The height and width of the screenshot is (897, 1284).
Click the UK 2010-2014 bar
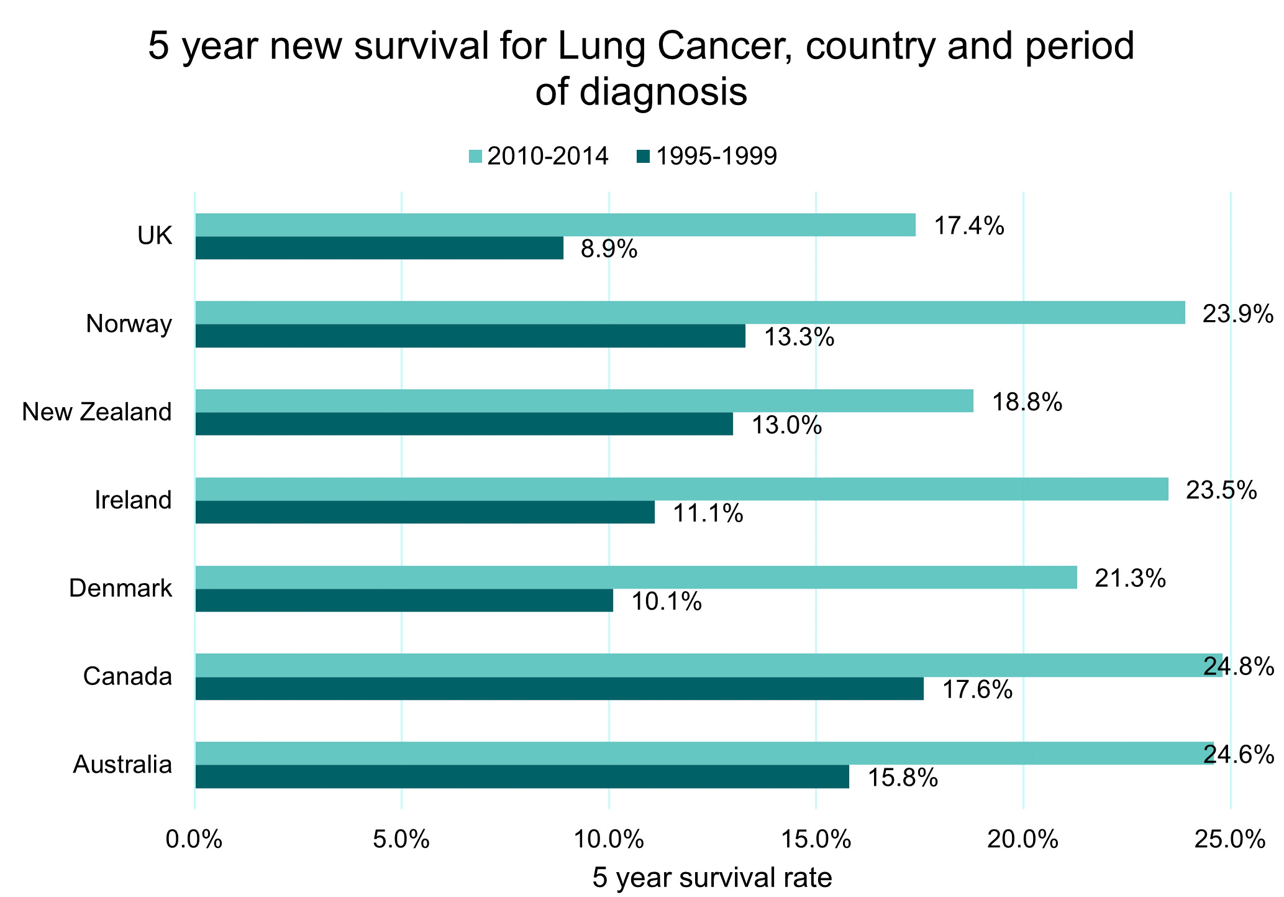555,225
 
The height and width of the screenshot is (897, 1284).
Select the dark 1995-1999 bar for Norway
470,336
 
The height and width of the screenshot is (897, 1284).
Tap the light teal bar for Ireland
681,489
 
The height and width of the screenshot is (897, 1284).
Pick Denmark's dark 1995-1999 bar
404,600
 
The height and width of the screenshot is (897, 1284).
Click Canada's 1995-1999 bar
559,689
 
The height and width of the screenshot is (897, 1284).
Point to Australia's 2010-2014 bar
704,753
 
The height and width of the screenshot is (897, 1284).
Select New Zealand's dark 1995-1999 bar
464,424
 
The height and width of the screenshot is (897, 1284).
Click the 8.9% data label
609,249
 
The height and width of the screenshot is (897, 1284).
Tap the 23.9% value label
1238,315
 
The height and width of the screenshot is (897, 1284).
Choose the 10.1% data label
667,602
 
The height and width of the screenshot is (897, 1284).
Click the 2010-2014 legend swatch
475,157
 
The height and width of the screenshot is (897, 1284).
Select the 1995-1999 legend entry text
716,156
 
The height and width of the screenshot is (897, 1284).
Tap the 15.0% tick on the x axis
816,840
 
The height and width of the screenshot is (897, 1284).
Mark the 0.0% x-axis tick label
194,840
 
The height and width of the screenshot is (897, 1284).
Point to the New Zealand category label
97,412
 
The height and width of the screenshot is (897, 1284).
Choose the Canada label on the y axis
127,676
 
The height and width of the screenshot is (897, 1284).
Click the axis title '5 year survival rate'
713,878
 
